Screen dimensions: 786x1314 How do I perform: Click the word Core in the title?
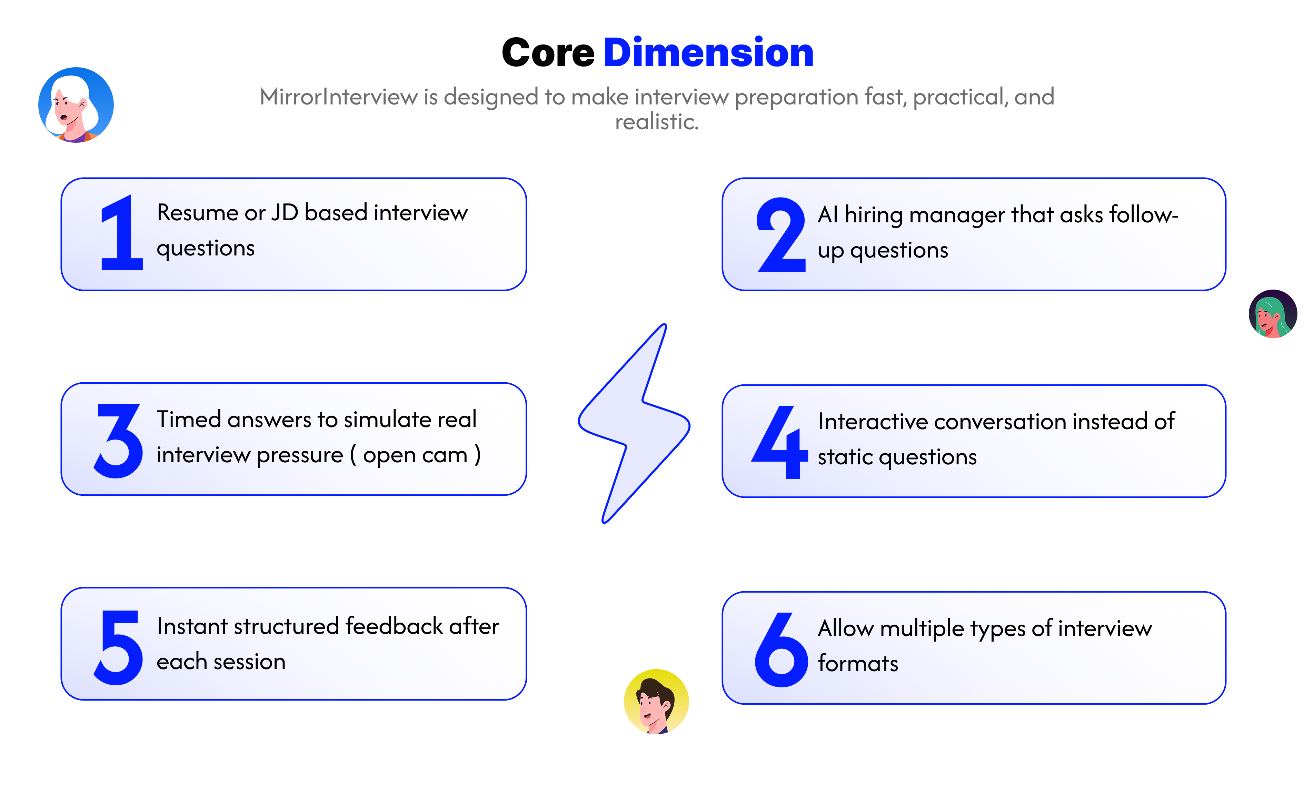[x=548, y=53]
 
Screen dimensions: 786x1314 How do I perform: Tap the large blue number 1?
[x=122, y=233]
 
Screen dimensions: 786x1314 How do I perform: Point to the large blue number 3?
[x=119, y=441]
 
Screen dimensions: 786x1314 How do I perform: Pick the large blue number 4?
[x=780, y=443]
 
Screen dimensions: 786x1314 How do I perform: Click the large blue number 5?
[x=119, y=647]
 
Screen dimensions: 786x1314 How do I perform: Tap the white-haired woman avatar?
[x=76, y=105]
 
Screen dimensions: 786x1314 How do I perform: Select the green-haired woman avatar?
[x=1272, y=314]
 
